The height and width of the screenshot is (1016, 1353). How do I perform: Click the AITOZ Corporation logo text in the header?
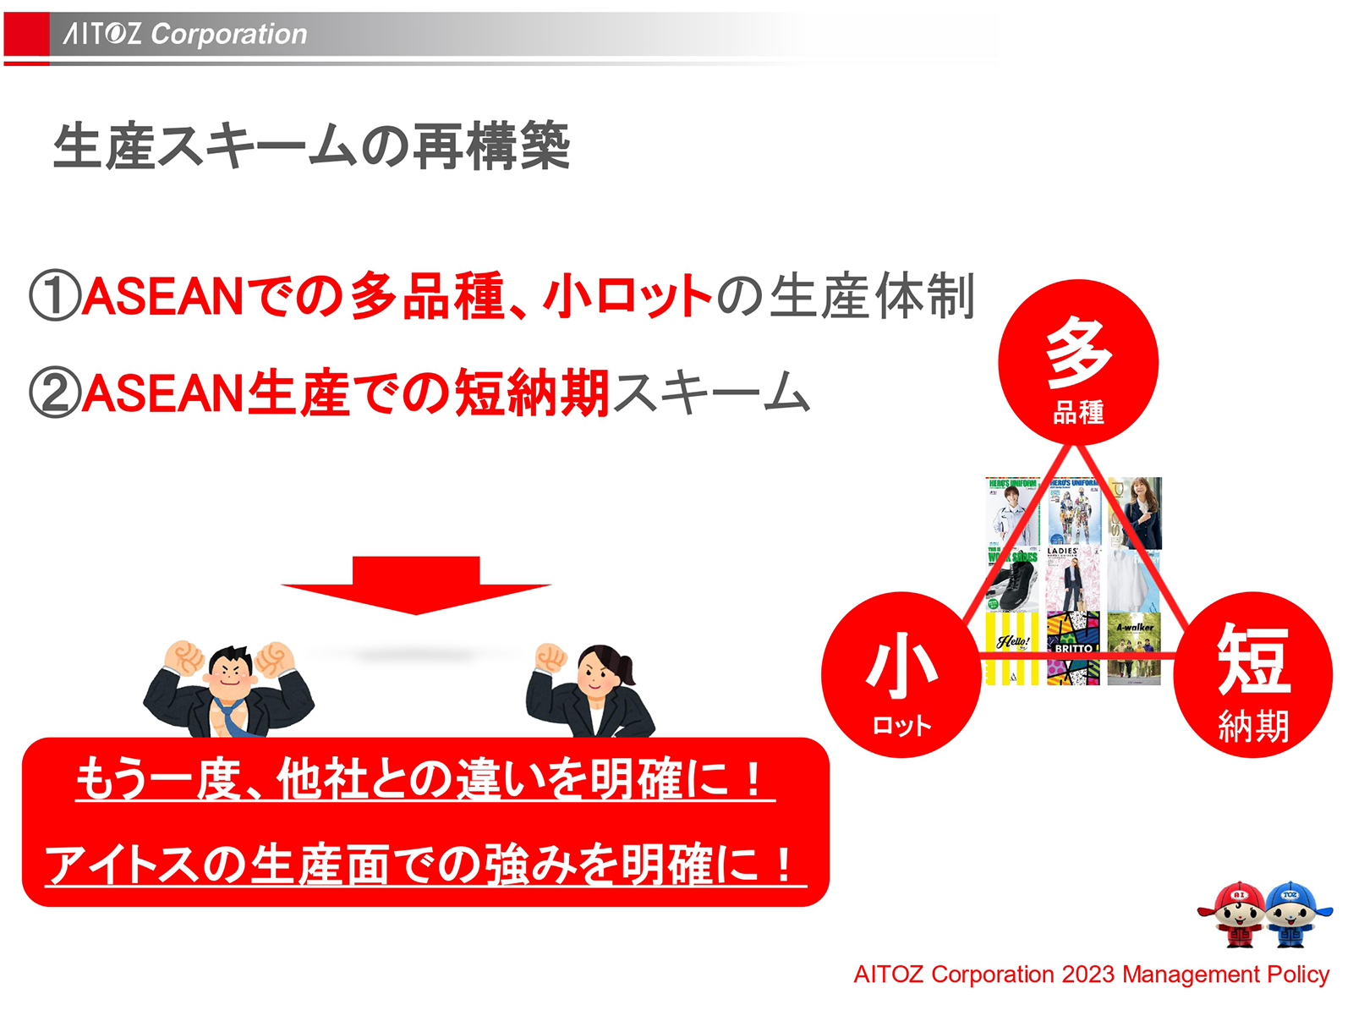click(185, 34)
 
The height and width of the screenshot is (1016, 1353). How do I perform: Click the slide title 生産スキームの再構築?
click(311, 146)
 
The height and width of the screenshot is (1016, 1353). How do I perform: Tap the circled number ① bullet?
click(54, 296)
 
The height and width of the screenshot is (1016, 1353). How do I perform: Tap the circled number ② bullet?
click(54, 393)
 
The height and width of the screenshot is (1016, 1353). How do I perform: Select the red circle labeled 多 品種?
click(1077, 362)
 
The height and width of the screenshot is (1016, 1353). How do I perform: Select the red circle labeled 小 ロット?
click(901, 674)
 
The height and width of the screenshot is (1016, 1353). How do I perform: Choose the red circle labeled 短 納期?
click(1252, 674)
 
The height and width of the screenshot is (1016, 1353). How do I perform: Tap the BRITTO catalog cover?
click(1073, 647)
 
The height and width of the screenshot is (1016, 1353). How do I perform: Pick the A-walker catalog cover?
click(1134, 647)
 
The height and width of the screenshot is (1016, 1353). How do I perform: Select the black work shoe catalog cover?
click(1012, 579)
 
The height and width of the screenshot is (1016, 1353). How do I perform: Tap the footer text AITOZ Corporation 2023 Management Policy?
click(1091, 975)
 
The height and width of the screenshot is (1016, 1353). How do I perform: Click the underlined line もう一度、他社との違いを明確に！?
click(425, 779)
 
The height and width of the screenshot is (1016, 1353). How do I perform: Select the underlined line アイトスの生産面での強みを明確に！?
click(425, 865)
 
